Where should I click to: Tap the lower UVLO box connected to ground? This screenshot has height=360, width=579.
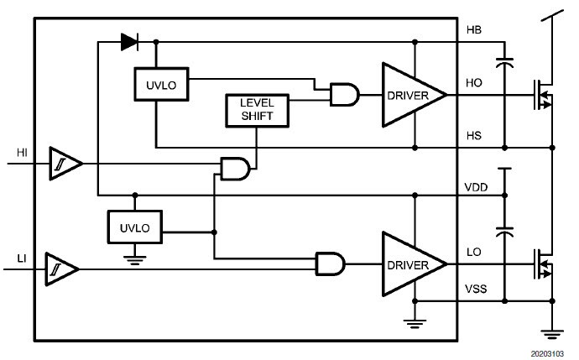(x=134, y=226)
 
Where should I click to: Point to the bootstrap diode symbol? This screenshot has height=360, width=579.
(x=129, y=39)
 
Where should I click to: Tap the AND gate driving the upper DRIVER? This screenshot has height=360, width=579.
(x=344, y=96)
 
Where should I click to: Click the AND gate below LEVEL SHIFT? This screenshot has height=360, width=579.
(x=234, y=168)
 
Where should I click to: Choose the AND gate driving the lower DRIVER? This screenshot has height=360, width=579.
(x=328, y=264)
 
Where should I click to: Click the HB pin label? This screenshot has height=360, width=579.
(x=474, y=30)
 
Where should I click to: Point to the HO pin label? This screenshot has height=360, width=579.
(x=474, y=84)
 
